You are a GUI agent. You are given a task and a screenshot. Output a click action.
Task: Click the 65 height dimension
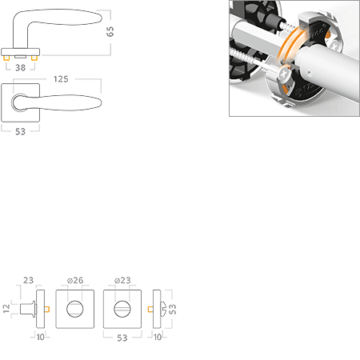click(x=110, y=31)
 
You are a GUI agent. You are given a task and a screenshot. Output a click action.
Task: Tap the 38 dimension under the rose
click(x=21, y=68)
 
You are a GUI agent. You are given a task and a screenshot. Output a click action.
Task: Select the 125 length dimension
click(x=61, y=79)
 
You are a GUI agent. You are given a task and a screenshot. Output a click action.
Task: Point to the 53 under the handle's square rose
click(x=20, y=131)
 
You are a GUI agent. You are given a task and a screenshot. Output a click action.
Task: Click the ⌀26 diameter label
click(x=75, y=280)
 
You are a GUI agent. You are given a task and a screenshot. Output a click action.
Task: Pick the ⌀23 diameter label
click(x=122, y=280)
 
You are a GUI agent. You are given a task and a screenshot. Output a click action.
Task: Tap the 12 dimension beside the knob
click(x=6, y=309)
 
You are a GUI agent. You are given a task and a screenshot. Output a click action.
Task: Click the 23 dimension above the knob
click(x=28, y=280)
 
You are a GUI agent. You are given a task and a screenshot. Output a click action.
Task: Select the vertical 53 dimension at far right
click(x=173, y=309)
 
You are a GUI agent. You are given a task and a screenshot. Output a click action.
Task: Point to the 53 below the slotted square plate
click(x=122, y=338)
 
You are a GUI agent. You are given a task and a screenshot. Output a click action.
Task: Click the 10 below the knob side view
click(x=41, y=337)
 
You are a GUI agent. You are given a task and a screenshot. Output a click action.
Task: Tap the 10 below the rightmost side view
click(x=158, y=337)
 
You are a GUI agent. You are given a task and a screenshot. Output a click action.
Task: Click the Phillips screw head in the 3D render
click(x=285, y=74)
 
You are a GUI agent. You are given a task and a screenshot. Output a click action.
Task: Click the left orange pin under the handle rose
click(x=6, y=58)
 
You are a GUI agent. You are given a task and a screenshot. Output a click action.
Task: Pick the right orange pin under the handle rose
click(x=34, y=58)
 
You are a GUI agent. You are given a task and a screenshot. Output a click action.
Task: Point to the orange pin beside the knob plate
click(x=47, y=309)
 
